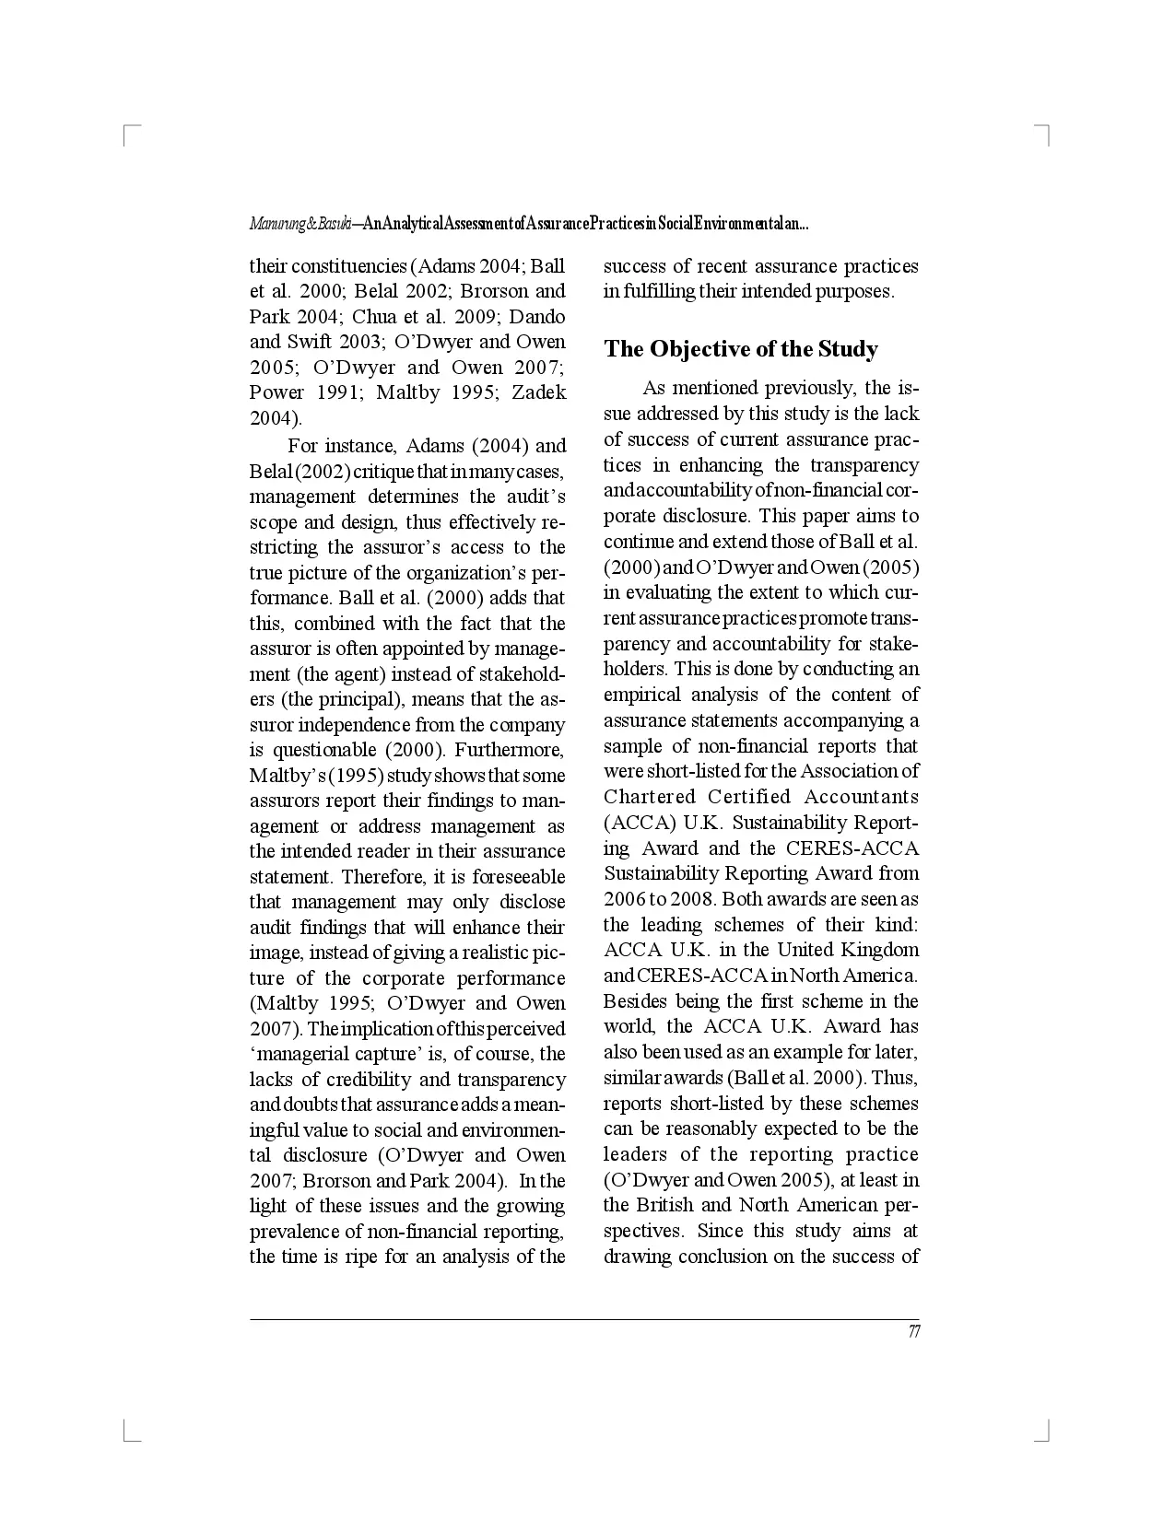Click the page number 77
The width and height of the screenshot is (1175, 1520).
click(x=913, y=1332)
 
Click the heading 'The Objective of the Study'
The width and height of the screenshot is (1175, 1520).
click(x=741, y=349)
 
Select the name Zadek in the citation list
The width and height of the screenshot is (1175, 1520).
click(x=539, y=392)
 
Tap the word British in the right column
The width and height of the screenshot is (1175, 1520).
click(x=666, y=1205)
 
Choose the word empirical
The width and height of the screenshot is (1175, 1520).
click(x=641, y=695)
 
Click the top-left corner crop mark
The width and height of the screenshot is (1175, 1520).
click(x=128, y=131)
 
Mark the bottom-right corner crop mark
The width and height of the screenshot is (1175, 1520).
click(x=1045, y=1433)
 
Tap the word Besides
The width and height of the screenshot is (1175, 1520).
click(x=636, y=1001)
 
